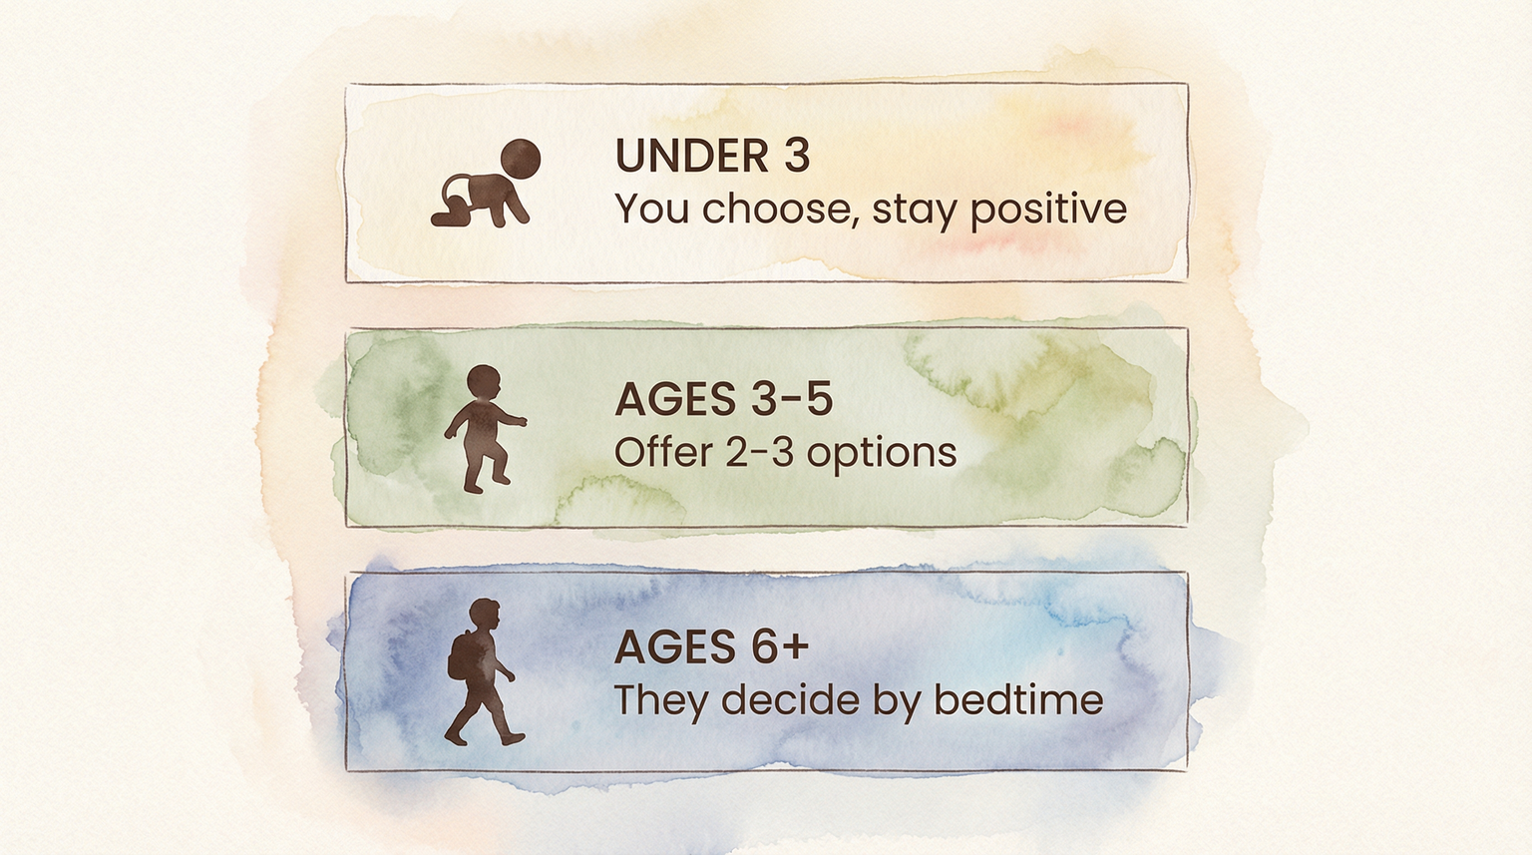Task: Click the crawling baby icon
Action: tap(485, 186)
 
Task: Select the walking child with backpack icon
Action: tap(482, 672)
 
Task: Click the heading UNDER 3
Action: tap(712, 157)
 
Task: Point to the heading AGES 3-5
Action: tap(723, 400)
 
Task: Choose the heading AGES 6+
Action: tap(711, 647)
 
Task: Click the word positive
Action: tap(1048, 211)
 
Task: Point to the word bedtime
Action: tap(1018, 700)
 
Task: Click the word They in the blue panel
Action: tap(661, 700)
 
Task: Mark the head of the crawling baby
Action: tap(520, 159)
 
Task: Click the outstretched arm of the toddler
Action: tap(513, 420)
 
